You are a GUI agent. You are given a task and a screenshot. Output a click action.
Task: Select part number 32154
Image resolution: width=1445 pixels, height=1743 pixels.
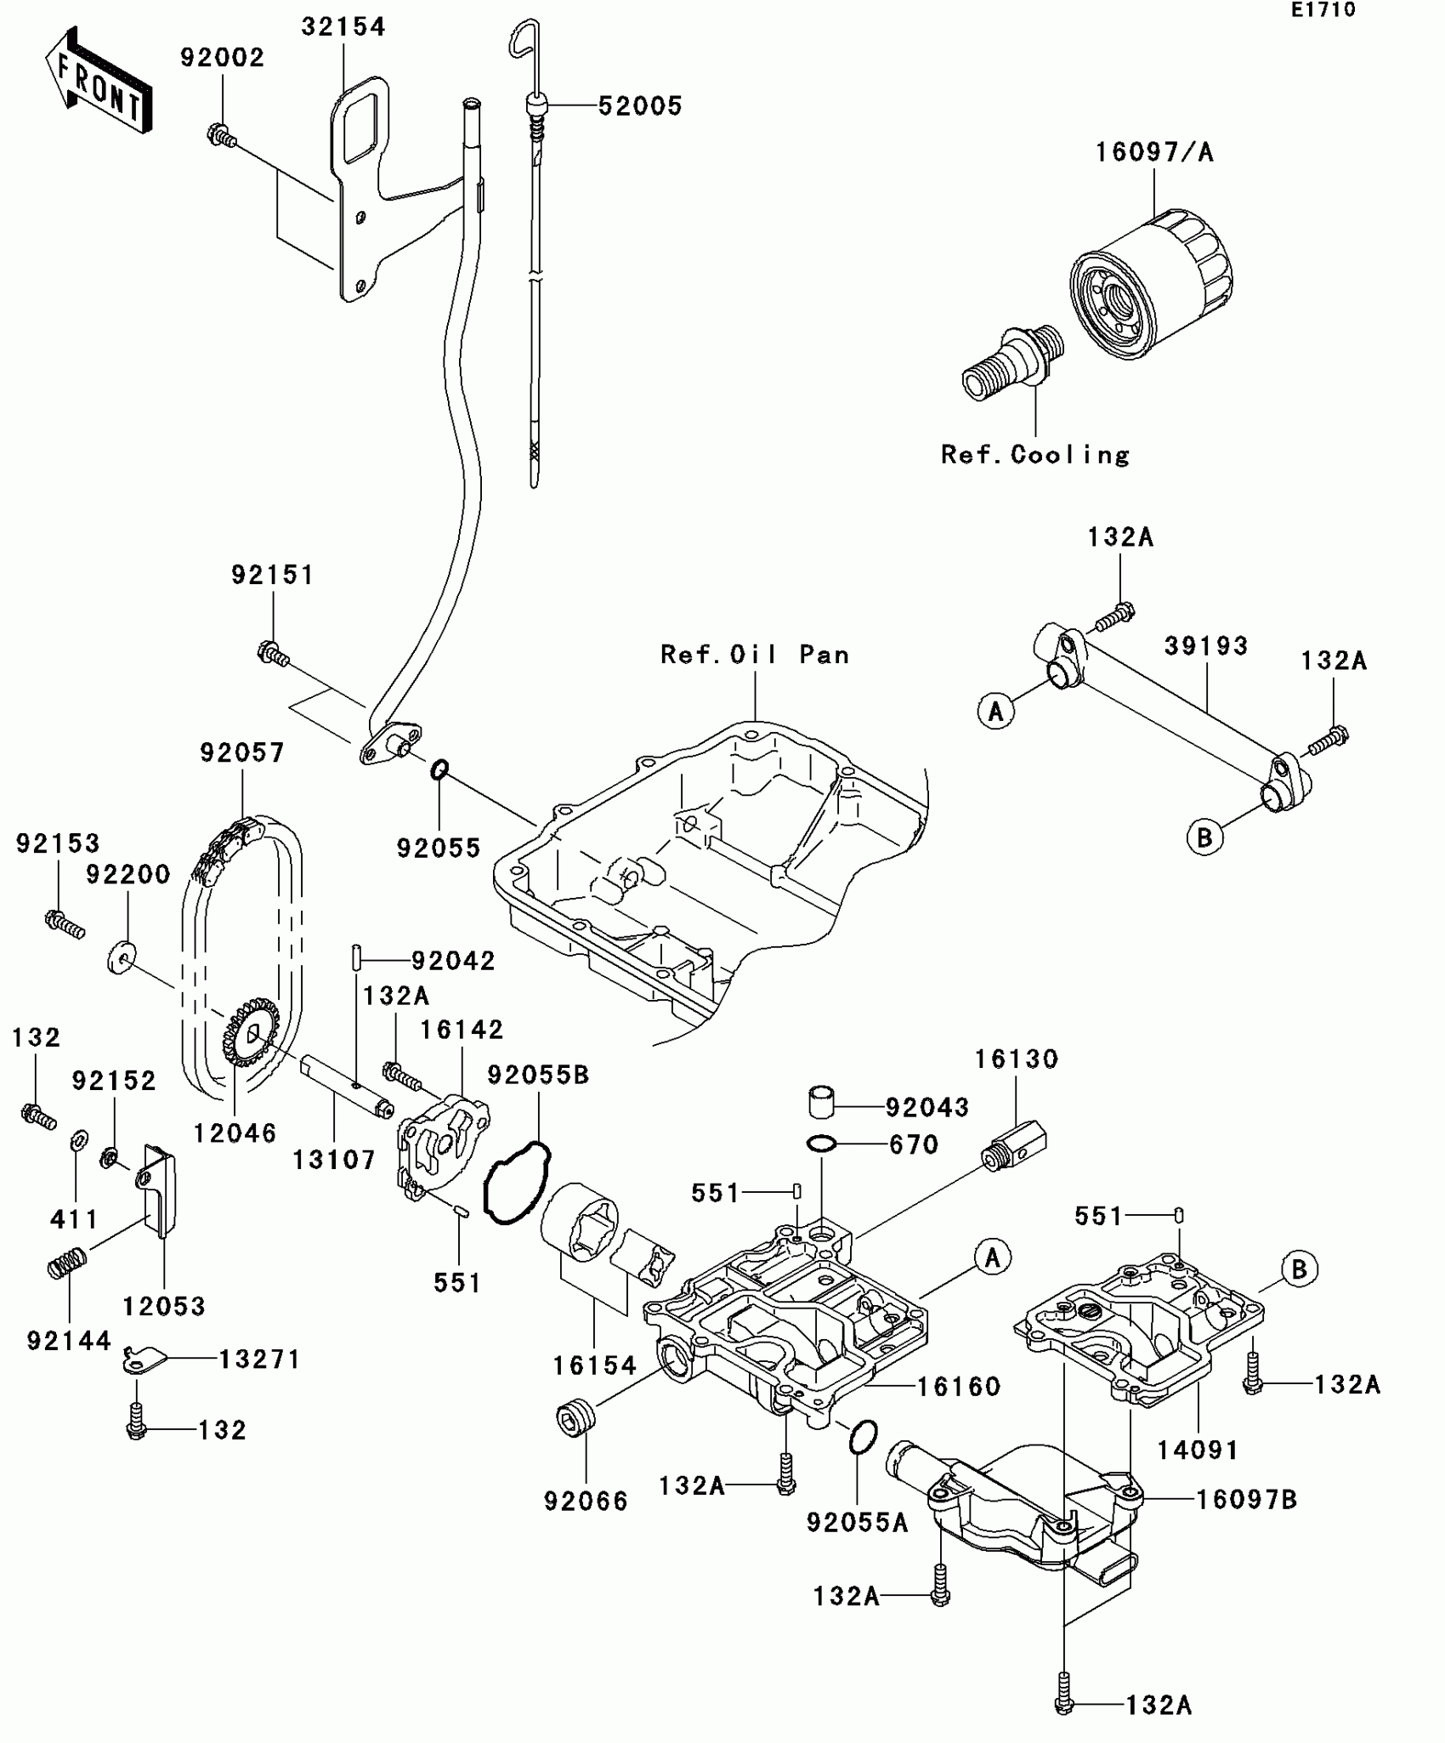[x=343, y=27]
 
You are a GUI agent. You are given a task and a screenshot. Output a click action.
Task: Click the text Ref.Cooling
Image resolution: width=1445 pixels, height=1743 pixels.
[x=1035, y=455]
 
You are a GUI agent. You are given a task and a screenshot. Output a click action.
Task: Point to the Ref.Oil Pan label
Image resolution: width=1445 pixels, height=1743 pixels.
[x=755, y=655]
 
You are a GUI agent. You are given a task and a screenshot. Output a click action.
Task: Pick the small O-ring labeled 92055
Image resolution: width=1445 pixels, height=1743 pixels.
[x=439, y=770]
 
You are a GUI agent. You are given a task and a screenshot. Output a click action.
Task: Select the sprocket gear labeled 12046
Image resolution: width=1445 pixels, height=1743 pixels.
[x=250, y=1032]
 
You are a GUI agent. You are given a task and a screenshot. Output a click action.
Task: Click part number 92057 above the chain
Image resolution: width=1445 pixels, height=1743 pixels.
[x=242, y=752]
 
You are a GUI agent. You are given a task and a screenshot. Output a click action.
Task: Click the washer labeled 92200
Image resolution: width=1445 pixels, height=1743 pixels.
[x=122, y=957]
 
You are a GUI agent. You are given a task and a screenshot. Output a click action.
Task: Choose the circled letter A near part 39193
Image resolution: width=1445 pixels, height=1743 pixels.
[x=995, y=710]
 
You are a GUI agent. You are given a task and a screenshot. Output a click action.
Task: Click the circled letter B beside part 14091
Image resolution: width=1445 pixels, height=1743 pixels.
[x=1299, y=1270]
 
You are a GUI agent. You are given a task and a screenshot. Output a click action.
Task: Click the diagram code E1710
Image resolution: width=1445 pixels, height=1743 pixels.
[x=1323, y=10]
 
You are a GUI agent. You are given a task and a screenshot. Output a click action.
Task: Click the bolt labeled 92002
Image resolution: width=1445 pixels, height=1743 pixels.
[x=220, y=135]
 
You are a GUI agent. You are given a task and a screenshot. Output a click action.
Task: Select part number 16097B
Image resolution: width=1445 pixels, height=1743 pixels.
[x=1246, y=1501]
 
